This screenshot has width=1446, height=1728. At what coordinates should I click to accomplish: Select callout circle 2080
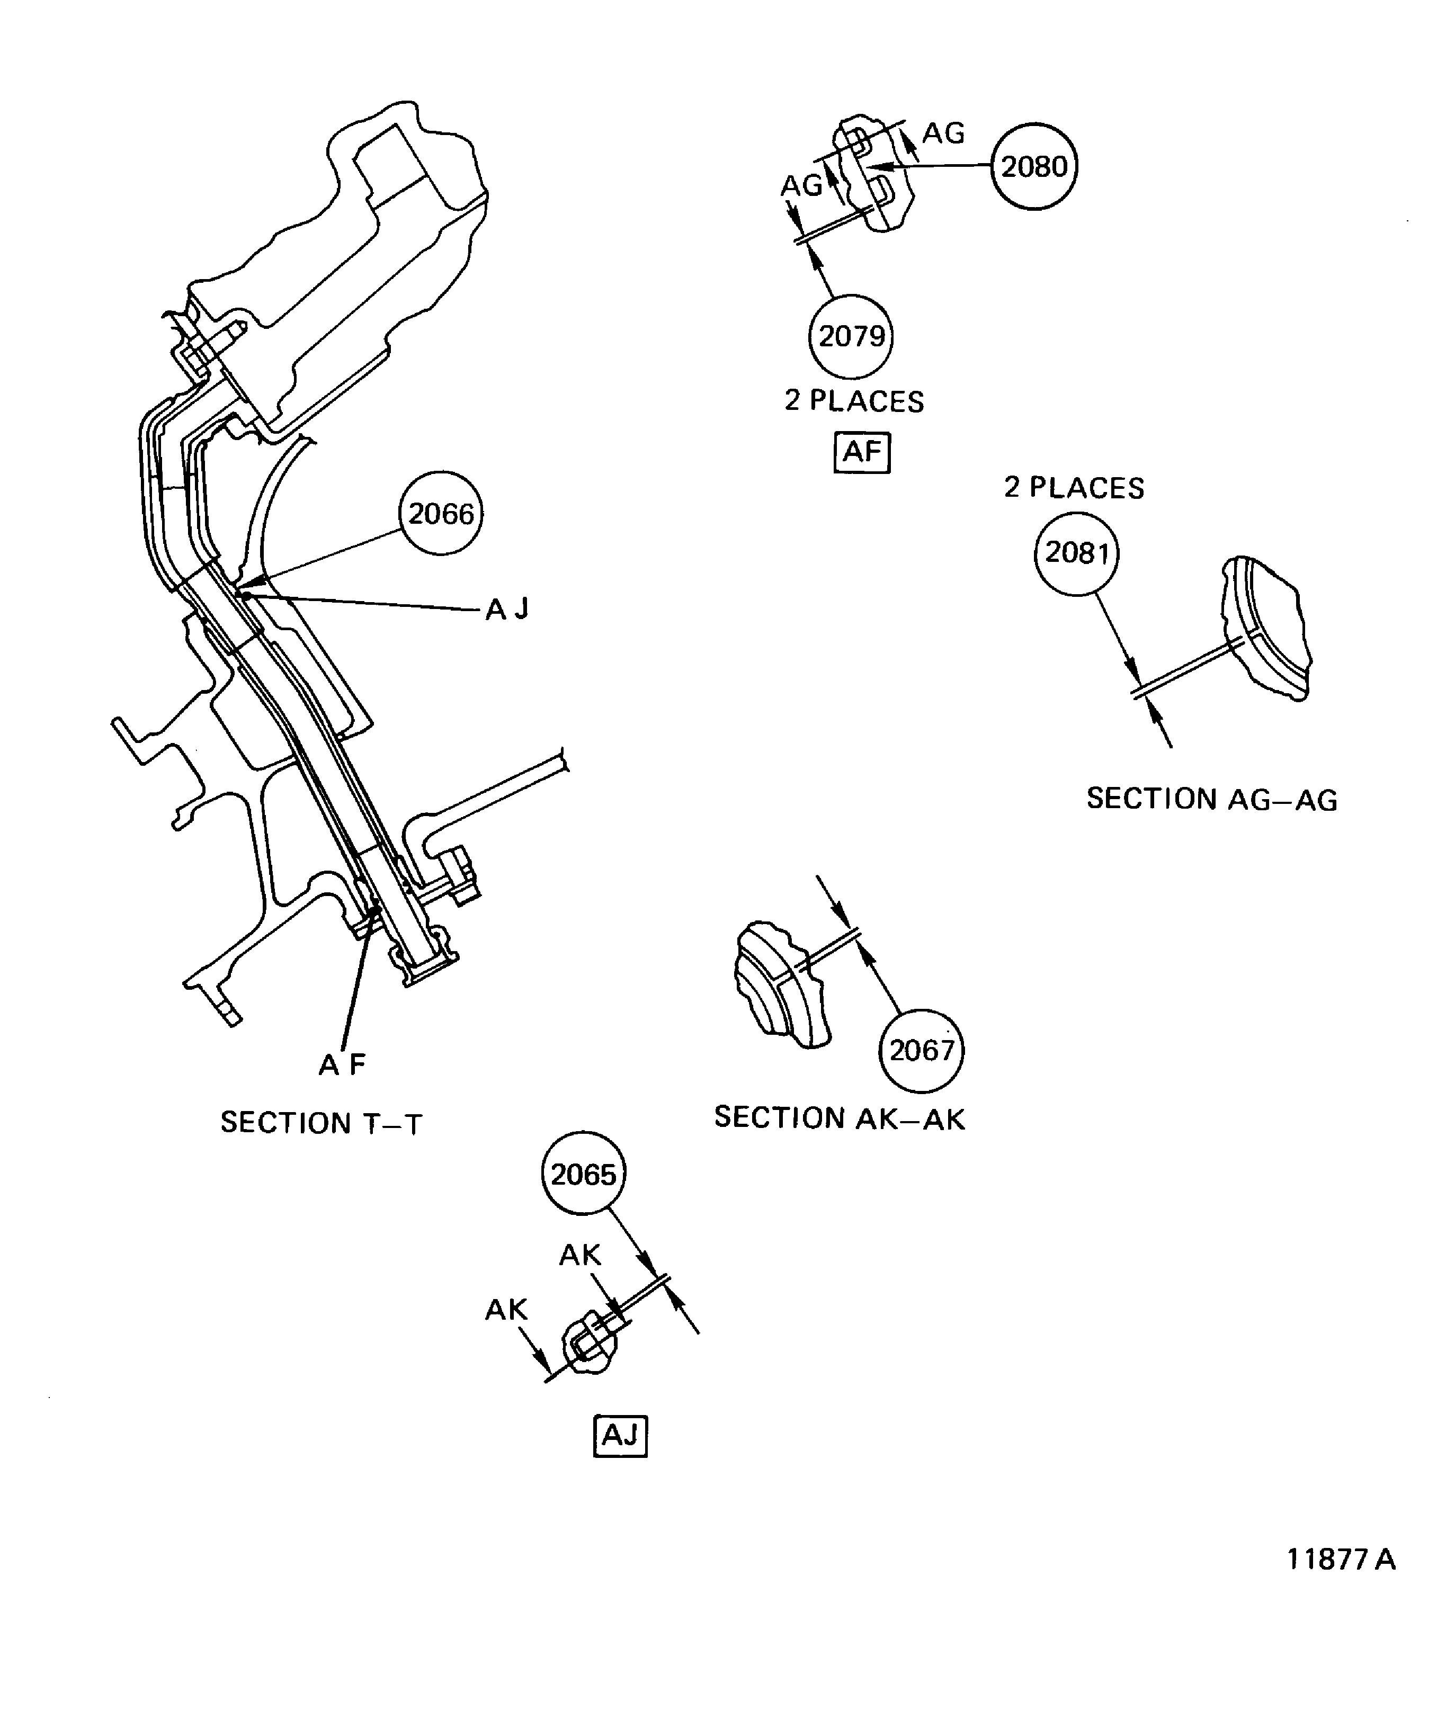tap(1034, 167)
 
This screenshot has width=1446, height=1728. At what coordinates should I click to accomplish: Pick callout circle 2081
tap(1076, 553)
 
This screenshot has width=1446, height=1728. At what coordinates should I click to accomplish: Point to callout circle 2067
tap(921, 1051)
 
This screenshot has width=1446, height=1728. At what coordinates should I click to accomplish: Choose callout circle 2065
tap(584, 1174)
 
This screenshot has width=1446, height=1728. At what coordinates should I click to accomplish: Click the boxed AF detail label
tap(862, 452)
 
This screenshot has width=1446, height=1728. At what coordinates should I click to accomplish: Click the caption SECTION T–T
tap(321, 1123)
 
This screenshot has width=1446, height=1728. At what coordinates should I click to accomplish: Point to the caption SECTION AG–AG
tap(1211, 799)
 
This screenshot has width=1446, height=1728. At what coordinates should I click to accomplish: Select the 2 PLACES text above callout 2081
tap(1074, 488)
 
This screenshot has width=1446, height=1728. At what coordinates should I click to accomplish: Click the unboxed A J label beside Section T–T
tap(507, 610)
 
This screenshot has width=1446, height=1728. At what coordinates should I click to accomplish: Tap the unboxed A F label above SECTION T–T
tap(342, 1065)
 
